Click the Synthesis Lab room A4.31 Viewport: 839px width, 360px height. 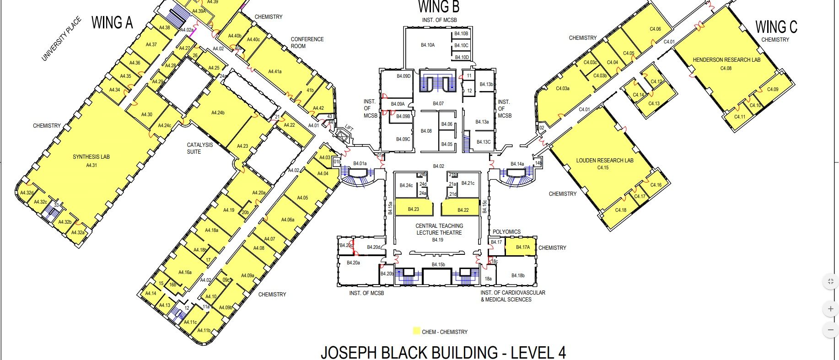91,161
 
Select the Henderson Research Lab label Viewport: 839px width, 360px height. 726,60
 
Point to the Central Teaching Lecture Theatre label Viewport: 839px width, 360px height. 439,229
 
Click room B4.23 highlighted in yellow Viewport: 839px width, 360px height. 414,209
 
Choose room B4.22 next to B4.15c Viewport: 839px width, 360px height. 463,210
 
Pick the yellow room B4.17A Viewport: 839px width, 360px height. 522,247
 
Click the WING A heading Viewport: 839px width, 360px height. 112,22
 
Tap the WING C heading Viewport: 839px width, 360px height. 776,27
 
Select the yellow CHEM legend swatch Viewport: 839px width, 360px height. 416,331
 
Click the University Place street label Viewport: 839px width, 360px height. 61,39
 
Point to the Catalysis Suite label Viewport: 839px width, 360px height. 199,148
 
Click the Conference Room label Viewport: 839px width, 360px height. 307,43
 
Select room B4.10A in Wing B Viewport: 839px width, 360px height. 428,45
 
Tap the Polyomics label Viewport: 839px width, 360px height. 506,232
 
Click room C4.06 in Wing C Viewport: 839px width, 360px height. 655,29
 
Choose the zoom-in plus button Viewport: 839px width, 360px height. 830,309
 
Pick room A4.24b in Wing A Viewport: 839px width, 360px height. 218,113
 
